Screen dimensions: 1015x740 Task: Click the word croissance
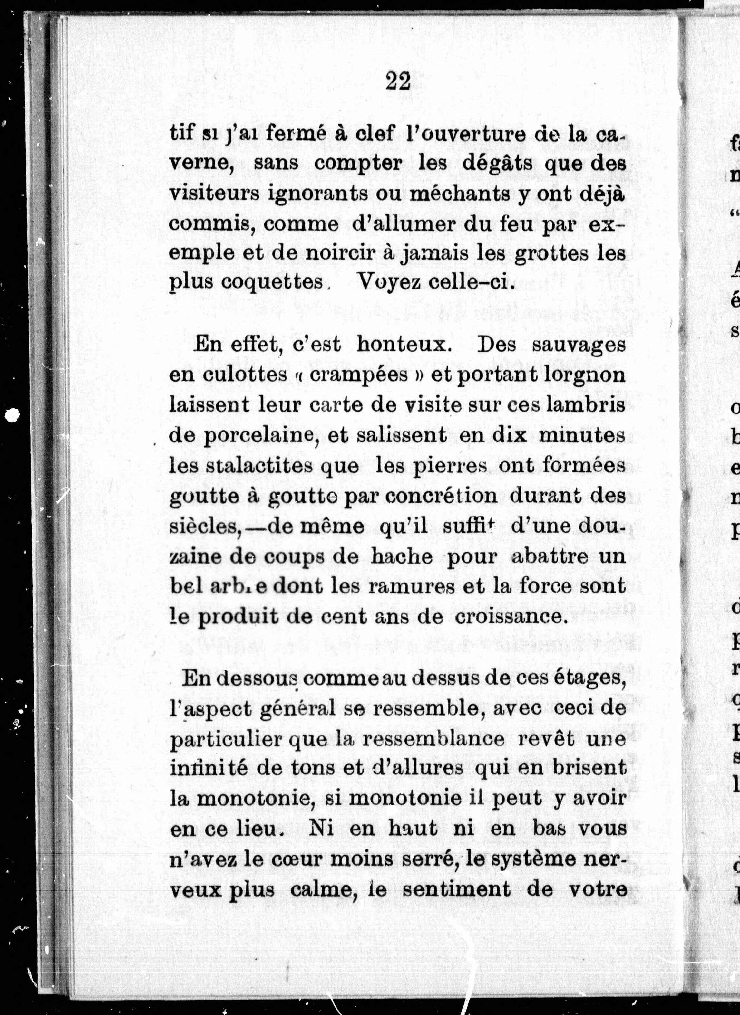pos(508,617)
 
